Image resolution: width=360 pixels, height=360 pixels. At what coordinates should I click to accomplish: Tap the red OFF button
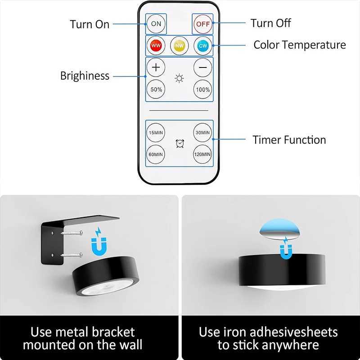pyautogui.click(x=202, y=23)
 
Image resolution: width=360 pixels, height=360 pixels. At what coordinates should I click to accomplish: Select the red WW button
pyautogui.click(x=156, y=45)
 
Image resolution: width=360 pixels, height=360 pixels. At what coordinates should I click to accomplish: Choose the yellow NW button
pyautogui.click(x=179, y=45)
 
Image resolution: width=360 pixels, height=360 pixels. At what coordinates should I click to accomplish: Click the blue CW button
pyautogui.click(x=202, y=45)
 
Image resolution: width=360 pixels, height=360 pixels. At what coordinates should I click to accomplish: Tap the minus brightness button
pyautogui.click(x=202, y=68)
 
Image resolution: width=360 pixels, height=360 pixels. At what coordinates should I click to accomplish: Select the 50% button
pyautogui.click(x=156, y=90)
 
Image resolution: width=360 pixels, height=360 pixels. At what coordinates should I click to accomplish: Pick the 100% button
pyautogui.click(x=202, y=90)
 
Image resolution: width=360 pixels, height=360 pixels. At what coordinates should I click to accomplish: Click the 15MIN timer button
pyautogui.click(x=156, y=132)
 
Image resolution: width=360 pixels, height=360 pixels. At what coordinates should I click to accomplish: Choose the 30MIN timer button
pyautogui.click(x=202, y=132)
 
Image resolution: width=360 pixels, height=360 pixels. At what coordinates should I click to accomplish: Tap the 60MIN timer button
pyautogui.click(x=156, y=154)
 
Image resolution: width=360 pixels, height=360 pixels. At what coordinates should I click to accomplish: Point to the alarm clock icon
pyautogui.click(x=179, y=144)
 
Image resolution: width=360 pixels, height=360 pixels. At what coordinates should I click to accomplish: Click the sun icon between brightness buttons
pyautogui.click(x=179, y=79)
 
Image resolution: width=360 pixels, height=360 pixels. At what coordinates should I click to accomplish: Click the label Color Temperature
pyautogui.click(x=299, y=45)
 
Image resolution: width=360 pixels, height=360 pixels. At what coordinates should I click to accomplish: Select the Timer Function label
pyautogui.click(x=289, y=140)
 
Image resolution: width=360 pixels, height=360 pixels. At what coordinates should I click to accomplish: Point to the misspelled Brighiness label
pyautogui.click(x=85, y=76)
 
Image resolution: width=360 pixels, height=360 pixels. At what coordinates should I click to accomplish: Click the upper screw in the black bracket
pyautogui.click(x=72, y=233)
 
